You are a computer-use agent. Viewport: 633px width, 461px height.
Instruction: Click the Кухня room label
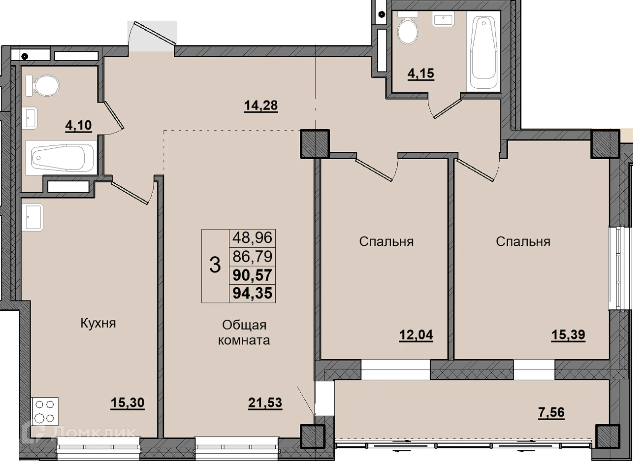tap(98, 323)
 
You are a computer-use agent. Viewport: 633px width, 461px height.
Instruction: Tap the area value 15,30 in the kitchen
tap(128, 403)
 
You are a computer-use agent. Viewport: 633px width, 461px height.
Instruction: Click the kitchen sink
tap(32, 217)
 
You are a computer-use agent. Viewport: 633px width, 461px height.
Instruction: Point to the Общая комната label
tap(244, 332)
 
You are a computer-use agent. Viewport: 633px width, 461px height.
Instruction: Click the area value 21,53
tap(265, 403)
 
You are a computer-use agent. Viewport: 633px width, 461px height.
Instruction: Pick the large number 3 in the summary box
tap(215, 265)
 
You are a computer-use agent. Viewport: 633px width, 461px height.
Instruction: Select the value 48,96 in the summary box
tap(253, 237)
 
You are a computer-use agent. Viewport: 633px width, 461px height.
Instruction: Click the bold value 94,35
tap(253, 293)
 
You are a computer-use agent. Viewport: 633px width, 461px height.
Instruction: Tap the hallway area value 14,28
tap(261, 106)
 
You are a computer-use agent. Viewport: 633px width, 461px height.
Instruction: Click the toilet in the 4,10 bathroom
tap(43, 85)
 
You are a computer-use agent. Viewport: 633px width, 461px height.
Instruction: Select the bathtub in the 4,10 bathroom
tap(61, 158)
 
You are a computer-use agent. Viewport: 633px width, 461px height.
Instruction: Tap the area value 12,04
tap(416, 335)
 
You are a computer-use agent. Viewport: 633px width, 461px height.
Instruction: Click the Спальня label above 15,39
tap(523, 242)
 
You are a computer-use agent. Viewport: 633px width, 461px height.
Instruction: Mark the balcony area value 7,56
tap(551, 412)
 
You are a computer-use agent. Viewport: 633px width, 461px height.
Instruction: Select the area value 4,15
tap(421, 73)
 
